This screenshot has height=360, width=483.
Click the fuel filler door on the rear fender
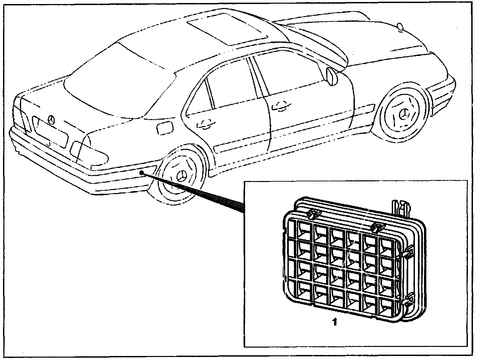(164, 128)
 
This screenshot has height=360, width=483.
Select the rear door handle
(205, 124)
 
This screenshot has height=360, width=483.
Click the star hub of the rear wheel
(181, 177)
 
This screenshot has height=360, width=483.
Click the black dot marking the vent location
(142, 173)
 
